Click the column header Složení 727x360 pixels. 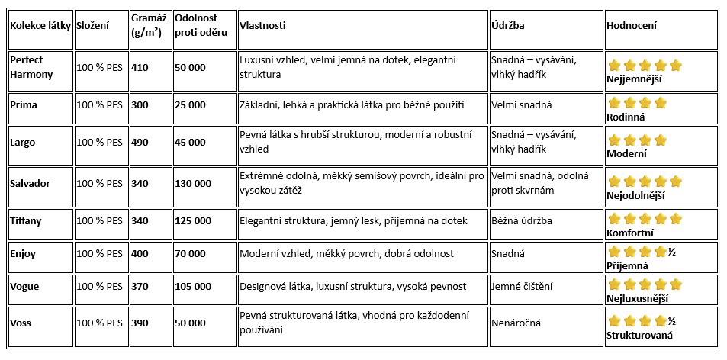point(92,25)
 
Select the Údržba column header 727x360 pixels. point(507,25)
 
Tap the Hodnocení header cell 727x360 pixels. point(631,25)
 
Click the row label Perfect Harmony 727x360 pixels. point(32,67)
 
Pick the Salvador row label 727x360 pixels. point(31,183)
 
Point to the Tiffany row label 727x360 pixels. point(26,220)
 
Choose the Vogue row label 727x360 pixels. point(24,286)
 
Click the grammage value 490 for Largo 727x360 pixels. point(140,142)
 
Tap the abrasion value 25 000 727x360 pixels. point(190,104)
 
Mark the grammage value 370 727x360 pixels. point(140,286)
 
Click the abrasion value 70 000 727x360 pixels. point(190,253)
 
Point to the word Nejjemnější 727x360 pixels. point(634,79)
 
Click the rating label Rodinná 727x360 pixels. point(626,117)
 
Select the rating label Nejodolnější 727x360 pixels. point(635,195)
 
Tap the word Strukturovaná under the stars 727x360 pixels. point(639,335)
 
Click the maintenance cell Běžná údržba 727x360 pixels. point(522,220)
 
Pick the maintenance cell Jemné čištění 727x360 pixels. point(523,286)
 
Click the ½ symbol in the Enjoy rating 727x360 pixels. point(672,251)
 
